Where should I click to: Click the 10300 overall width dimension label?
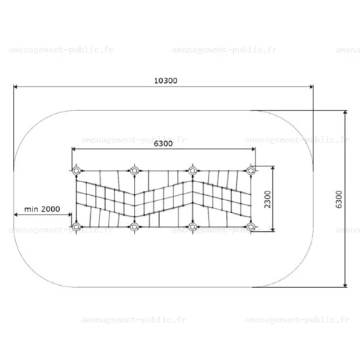(166, 81)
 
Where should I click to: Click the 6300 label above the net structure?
(163, 143)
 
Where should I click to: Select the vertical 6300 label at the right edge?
(338, 199)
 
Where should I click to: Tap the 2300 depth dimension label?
(267, 199)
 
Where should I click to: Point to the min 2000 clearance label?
(42, 209)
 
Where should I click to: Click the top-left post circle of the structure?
(76, 171)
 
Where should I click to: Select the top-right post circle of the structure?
(251, 171)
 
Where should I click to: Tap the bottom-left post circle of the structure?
(76, 227)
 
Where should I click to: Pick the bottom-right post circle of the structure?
(251, 227)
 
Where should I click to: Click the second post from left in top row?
(135, 171)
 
